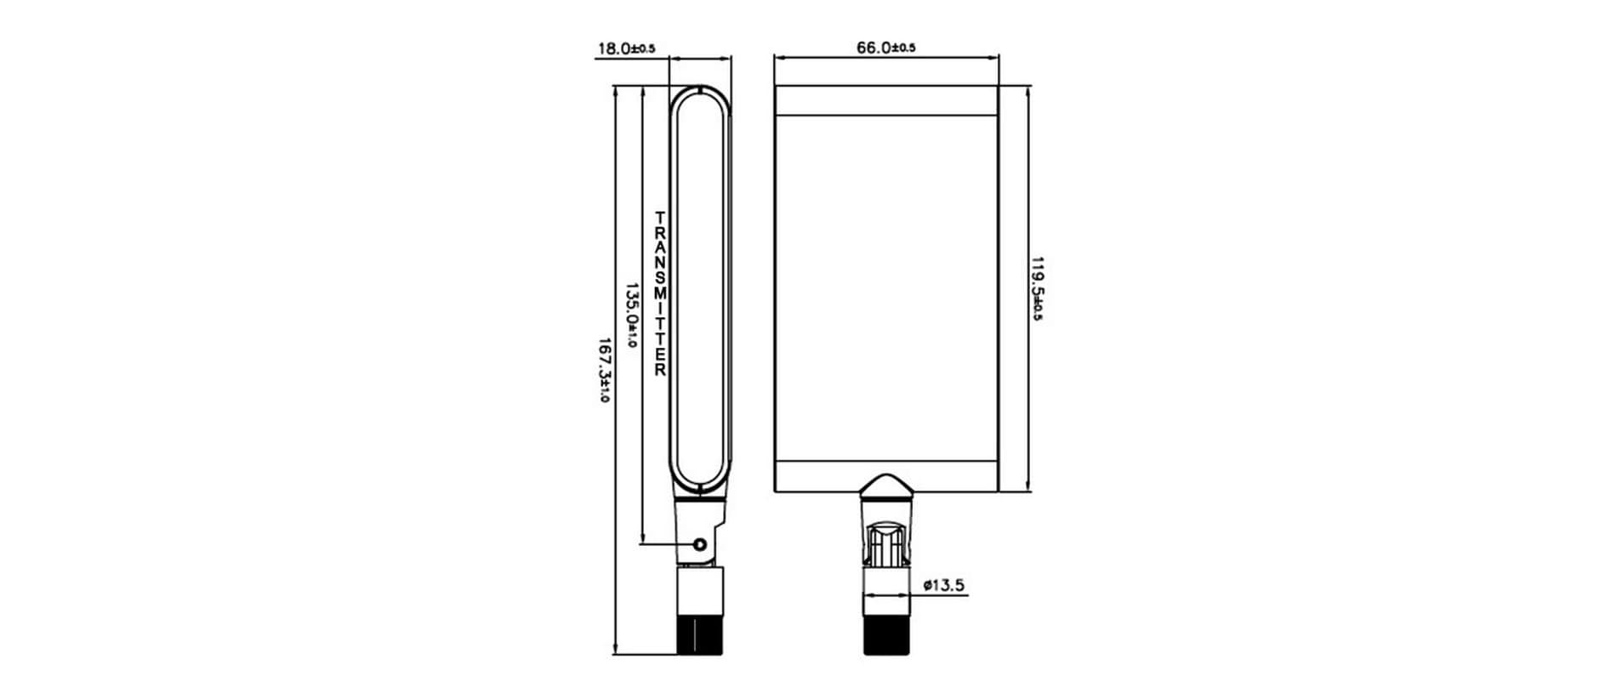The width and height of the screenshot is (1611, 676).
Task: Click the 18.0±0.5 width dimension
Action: click(626, 48)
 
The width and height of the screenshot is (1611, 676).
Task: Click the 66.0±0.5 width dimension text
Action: click(885, 48)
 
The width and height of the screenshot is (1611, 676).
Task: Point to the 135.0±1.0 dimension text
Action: click(631, 315)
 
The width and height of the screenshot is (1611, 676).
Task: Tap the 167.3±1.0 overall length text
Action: click(604, 371)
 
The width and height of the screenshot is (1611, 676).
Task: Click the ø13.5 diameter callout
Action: click(943, 585)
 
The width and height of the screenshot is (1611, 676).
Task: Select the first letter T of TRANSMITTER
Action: click(660, 218)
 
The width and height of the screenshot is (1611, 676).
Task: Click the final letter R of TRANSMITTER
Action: click(660, 371)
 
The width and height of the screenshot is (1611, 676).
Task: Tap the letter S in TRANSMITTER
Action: click(660, 278)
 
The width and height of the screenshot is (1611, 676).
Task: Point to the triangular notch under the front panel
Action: click(886, 484)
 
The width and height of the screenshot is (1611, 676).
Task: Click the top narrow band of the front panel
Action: click(885, 101)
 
